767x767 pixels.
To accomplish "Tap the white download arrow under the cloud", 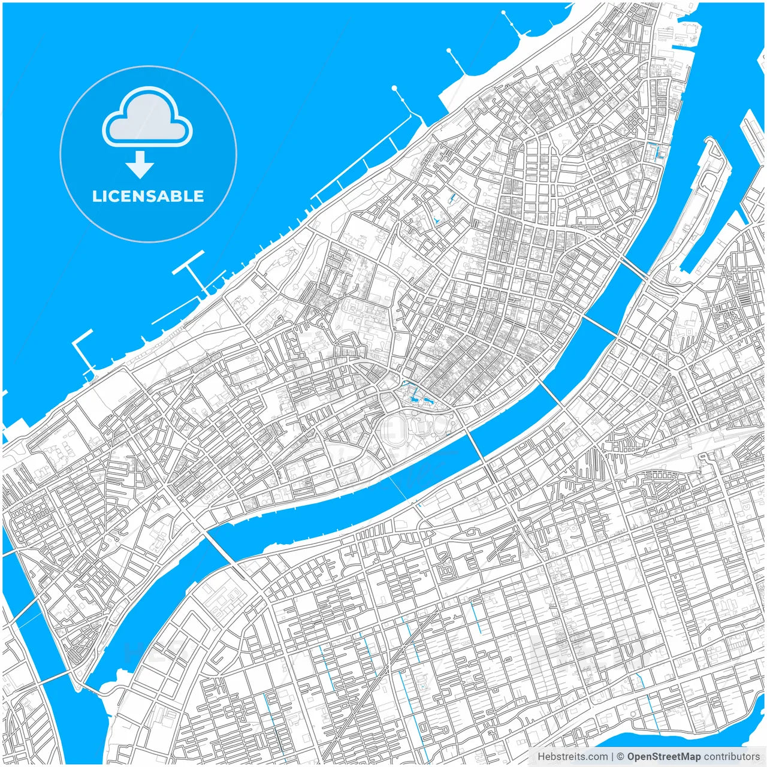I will (x=140, y=165).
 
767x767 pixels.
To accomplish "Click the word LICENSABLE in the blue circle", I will (x=148, y=196).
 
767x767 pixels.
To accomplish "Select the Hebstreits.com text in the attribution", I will (x=572, y=757).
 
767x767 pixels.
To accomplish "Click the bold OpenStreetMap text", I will (x=663, y=757).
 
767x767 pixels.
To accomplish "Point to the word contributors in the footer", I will (x=732, y=757).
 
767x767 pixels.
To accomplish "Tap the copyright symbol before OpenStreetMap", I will (x=621, y=757).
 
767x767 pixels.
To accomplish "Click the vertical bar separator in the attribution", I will (x=612, y=757).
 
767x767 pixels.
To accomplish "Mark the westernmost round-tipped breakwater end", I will (x=394, y=89).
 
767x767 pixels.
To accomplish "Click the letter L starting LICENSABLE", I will (x=96, y=196).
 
